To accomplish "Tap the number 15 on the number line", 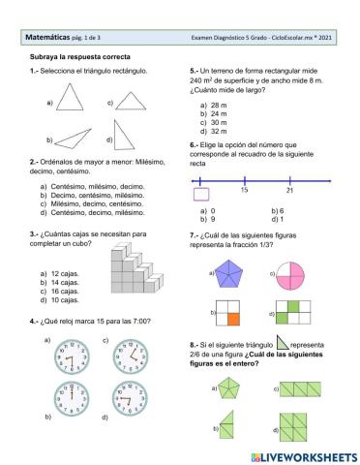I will (244, 190).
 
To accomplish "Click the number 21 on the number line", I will (290, 190).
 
